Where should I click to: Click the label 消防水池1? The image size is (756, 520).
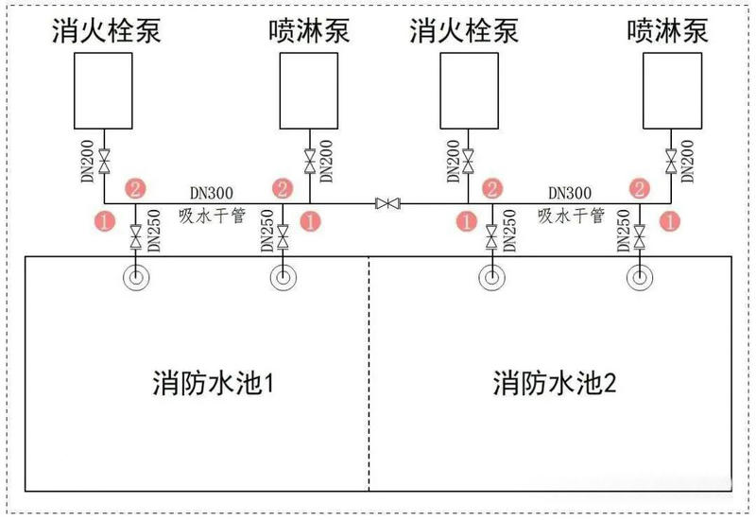[213, 385]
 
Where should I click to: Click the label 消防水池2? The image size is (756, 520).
[554, 385]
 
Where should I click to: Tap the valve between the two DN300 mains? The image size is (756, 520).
[387, 203]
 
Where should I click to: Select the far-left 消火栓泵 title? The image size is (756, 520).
[106, 31]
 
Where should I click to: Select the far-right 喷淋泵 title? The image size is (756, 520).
[668, 31]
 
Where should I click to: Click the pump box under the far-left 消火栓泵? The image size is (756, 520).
[106, 91]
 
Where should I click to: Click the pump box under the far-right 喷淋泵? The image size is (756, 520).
[672, 91]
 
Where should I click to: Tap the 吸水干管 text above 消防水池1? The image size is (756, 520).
[212, 216]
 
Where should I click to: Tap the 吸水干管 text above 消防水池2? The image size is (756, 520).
[571, 216]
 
